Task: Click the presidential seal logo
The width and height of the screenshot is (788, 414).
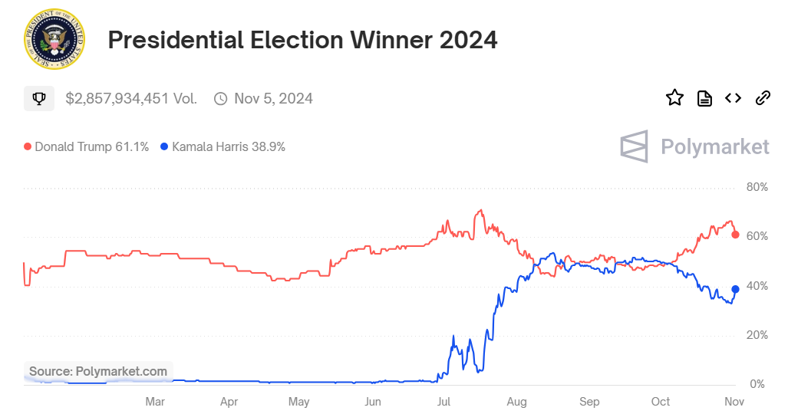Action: click(x=54, y=39)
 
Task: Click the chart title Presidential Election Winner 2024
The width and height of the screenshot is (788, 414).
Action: click(x=302, y=40)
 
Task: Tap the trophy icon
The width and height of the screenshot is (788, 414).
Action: click(x=39, y=99)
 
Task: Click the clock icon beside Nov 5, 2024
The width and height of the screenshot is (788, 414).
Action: click(x=221, y=99)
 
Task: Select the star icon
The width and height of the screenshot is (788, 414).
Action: click(x=674, y=97)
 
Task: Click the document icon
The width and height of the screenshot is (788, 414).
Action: click(x=704, y=97)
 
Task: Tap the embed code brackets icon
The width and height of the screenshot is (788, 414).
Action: click(x=734, y=97)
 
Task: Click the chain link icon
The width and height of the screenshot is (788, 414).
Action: click(x=763, y=97)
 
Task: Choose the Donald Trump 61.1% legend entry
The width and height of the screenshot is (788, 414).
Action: click(x=86, y=146)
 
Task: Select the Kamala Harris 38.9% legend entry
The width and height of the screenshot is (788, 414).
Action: click(x=223, y=146)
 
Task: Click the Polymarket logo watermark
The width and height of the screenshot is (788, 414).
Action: click(x=694, y=146)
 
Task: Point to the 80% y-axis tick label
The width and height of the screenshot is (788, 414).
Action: click(x=757, y=187)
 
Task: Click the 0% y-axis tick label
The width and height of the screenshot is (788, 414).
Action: click(x=757, y=384)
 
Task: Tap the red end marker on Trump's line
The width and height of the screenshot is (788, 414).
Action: click(x=735, y=235)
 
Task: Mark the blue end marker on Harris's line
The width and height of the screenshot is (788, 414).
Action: click(x=735, y=289)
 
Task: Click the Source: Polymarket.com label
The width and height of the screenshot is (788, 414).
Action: click(x=98, y=372)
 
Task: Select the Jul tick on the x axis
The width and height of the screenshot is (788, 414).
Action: click(x=443, y=402)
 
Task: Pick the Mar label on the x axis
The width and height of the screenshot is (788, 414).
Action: click(x=155, y=402)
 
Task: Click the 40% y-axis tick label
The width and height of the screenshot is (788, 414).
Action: click(x=757, y=286)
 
